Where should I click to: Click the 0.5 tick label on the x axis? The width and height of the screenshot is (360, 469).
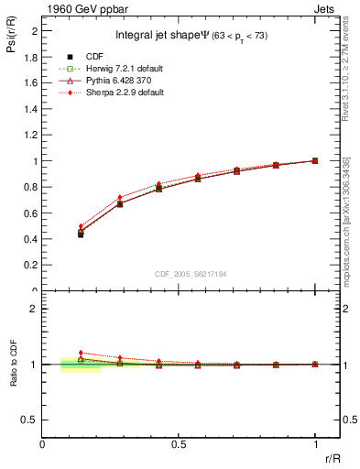pos(179,444)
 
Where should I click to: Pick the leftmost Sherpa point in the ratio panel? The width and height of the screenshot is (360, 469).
pos(81,352)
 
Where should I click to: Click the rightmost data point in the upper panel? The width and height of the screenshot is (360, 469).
pos(315,160)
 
